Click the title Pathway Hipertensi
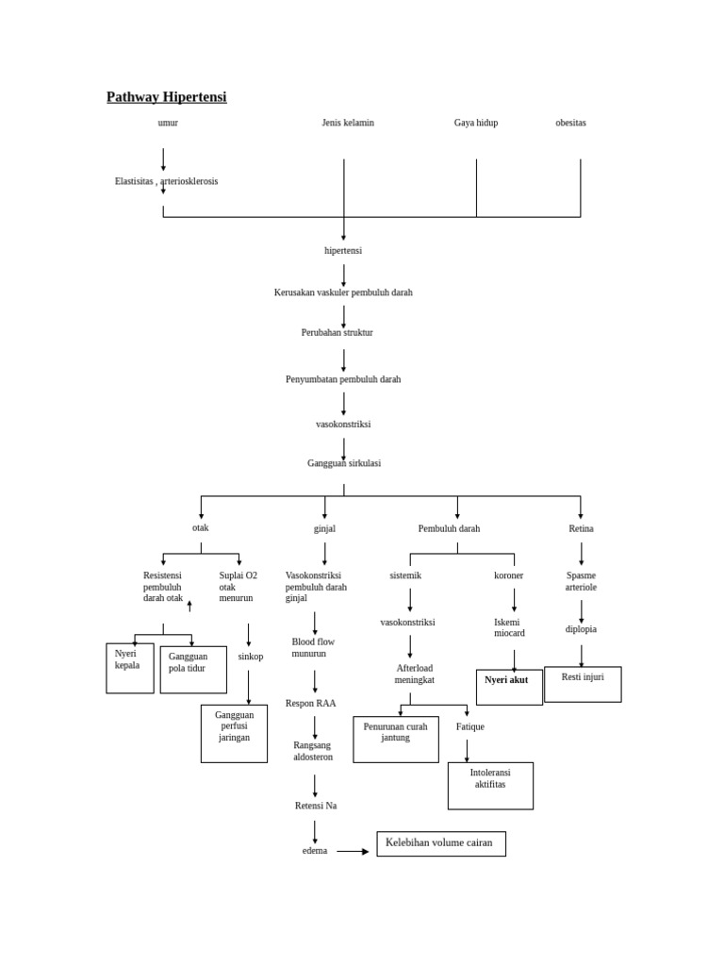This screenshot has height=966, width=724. click(166, 97)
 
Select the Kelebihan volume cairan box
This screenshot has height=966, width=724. click(440, 843)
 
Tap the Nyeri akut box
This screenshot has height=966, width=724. click(509, 687)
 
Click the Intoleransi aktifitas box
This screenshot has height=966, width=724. click(490, 785)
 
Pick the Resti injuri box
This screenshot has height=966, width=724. click(583, 684)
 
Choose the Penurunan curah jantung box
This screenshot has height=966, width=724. click(396, 739)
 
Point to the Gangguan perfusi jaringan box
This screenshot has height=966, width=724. click(234, 733)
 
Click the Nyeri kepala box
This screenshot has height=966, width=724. click(130, 668)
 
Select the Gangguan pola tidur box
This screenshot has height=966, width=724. click(193, 669)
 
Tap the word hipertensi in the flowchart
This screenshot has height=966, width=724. click(343, 251)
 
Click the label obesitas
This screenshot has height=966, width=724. click(570, 123)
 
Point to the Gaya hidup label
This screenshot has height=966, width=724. click(476, 123)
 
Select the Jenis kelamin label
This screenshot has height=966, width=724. click(348, 123)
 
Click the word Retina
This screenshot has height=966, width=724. click(581, 529)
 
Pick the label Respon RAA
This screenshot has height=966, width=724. click(311, 704)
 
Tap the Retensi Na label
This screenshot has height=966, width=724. click(316, 806)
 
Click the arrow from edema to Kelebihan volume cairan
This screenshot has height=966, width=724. click(353, 851)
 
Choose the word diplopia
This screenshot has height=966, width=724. click(581, 629)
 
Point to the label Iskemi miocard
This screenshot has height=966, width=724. click(509, 627)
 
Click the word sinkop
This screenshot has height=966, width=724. click(251, 657)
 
